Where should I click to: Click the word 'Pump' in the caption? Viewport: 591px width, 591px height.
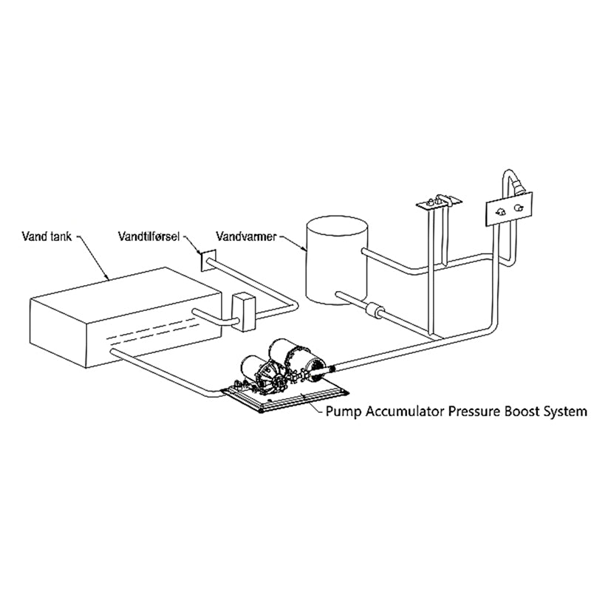[x=344, y=411]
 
